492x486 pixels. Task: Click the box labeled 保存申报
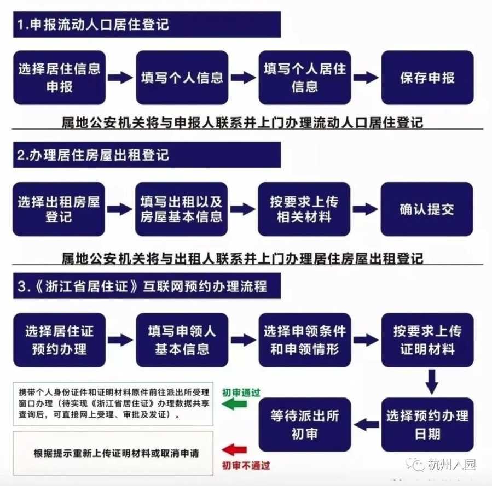tap(427, 78)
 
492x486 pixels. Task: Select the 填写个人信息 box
tap(182, 78)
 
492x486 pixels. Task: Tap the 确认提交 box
tap(427, 209)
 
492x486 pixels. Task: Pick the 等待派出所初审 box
tap(305, 425)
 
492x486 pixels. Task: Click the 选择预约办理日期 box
tap(427, 425)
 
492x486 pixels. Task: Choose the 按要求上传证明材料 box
tap(427, 339)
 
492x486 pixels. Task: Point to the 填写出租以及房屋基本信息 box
tap(181, 209)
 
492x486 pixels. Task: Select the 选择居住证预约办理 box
tap(59, 339)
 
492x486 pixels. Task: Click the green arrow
tap(234, 404)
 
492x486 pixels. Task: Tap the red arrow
tap(234, 450)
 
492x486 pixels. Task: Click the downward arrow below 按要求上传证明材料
tap(432, 382)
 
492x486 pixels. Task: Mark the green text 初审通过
tap(241, 393)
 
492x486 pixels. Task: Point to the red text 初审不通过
tap(246, 465)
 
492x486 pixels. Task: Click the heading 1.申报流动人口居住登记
tap(93, 25)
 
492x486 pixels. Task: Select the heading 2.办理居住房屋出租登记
tap(93, 155)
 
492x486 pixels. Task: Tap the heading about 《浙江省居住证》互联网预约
tap(142, 286)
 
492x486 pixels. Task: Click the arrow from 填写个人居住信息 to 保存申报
tap(366, 78)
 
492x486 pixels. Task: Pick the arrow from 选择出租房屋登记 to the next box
tap(119, 209)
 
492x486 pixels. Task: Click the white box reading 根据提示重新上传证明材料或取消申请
tap(113, 453)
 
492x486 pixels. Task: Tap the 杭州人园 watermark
tap(441, 465)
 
